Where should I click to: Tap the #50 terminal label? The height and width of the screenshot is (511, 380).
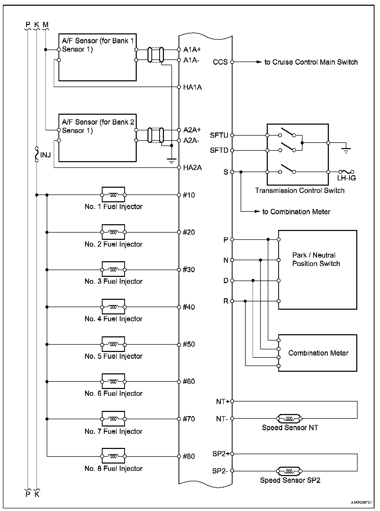[189, 344]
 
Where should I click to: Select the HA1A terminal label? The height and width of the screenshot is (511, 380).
[193, 87]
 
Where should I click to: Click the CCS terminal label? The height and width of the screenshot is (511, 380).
[220, 62]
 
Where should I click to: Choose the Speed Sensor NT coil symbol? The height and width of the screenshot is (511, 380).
[289, 418]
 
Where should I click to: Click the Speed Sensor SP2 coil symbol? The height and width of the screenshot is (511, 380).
[289, 471]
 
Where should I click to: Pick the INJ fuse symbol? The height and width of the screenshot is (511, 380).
[37, 154]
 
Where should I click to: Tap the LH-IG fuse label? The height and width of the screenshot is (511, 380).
[346, 178]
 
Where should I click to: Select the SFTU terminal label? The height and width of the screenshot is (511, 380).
[219, 135]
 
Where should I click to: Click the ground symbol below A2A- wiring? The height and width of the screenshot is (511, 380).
[171, 161]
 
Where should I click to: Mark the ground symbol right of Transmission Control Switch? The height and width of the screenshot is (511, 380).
[346, 150]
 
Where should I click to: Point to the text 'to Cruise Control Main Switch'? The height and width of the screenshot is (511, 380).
[311, 62]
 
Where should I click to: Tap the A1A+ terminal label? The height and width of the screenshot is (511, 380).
[192, 50]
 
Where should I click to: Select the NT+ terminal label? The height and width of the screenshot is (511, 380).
[222, 401]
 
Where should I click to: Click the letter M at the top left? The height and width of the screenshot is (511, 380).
[46, 25]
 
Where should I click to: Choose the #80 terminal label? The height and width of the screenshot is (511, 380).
[189, 456]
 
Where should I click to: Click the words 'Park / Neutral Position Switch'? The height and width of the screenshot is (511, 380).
[316, 259]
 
